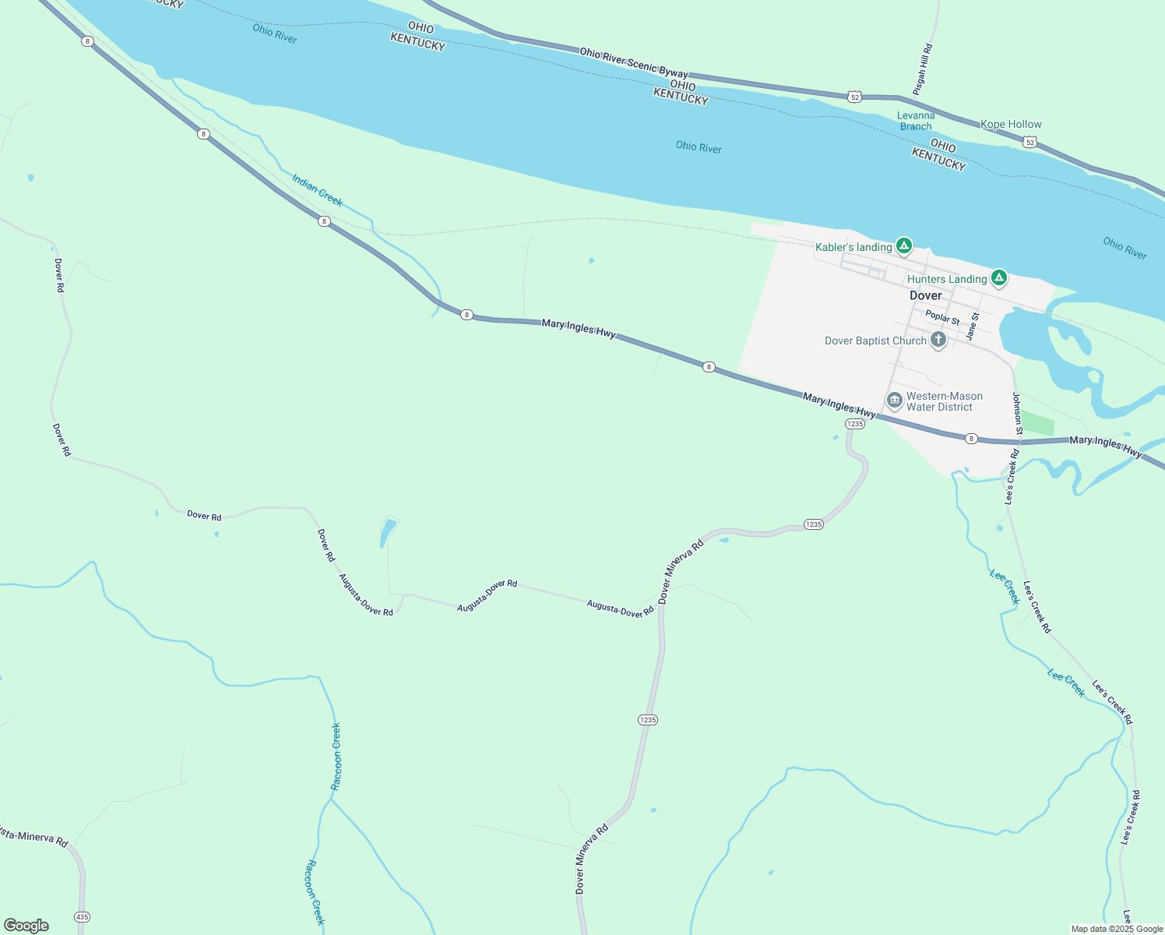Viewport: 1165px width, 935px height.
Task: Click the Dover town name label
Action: coord(925,295)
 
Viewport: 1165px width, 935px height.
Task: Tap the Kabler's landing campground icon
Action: coord(903,246)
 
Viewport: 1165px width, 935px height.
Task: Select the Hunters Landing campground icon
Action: coord(999,277)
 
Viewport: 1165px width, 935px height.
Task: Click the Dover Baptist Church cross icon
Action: coord(938,340)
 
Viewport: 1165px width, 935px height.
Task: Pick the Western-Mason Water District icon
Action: coord(894,401)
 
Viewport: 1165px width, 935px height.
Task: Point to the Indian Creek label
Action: coord(317,190)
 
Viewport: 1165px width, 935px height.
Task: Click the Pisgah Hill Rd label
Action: coord(923,69)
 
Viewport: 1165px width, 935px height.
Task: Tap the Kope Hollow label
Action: coord(1011,124)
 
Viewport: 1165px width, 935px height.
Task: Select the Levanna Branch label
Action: coord(916,121)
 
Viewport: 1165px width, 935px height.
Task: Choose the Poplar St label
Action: coord(942,318)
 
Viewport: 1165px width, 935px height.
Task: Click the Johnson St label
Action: coord(1017,413)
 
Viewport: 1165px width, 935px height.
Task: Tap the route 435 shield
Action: coord(83,916)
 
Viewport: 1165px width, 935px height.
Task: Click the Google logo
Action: coord(26,926)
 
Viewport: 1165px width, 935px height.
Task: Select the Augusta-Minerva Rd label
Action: coord(33,838)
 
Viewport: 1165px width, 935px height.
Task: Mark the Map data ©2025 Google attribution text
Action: coord(1117,929)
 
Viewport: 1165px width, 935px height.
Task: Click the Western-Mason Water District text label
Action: coord(944,401)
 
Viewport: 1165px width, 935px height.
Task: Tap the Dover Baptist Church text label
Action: coord(875,340)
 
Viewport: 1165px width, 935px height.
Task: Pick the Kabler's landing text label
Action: coord(854,247)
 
